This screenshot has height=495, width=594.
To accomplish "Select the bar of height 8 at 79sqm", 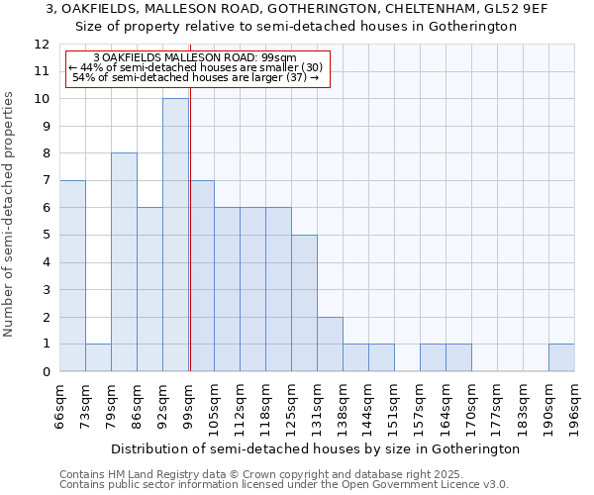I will coord(124,262).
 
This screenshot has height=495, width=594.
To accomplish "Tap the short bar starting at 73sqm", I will coord(98,357).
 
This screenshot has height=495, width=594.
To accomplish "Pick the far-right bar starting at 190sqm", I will coord(561,357).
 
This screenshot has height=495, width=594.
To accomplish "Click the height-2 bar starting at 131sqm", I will coord(330,345).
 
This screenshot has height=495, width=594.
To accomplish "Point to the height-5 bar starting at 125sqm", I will coord(304,303).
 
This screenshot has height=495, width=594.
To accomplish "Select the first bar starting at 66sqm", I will coord(72,276).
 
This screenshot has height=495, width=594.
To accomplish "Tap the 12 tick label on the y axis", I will coord(42,45).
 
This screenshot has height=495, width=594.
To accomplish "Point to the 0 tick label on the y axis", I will coord(46,372).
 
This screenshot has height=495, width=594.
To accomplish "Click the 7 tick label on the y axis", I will coord(46,181).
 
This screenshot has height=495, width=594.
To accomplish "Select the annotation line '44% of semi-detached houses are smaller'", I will coord(195,67).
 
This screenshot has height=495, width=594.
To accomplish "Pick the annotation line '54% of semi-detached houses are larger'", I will coord(195,77).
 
